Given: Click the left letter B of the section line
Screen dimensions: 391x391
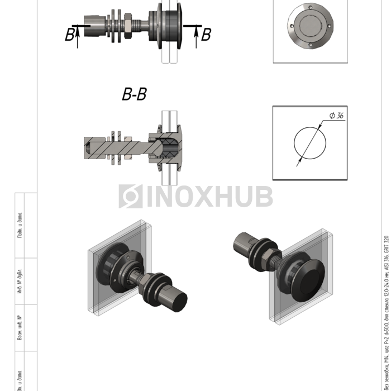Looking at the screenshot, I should pos(69,35).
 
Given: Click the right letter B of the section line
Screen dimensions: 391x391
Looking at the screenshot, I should pos(206,35).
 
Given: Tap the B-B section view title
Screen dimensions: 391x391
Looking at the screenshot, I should pos(134,94).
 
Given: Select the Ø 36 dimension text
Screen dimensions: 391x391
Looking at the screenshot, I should pos(336,116).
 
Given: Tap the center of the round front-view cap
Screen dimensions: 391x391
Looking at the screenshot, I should pos(310,26).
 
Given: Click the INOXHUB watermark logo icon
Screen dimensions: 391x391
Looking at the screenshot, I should pos(130,197).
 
